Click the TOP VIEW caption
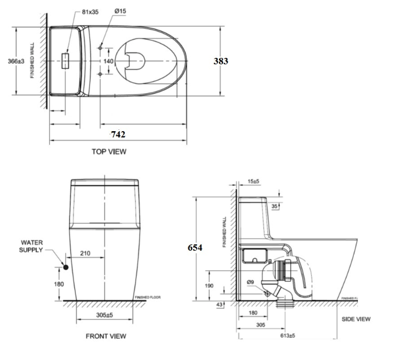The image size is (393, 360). coord(109,152)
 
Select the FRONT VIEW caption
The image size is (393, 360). coord(106,336)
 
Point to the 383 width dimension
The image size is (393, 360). coord(221,61)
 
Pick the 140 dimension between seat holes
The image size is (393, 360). coord(109,60)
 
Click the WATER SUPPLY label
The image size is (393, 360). coord(32,247)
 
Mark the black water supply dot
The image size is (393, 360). coord(66,267)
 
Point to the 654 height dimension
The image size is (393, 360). coord(195,247)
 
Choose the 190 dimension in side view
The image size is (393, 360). coord(209,285)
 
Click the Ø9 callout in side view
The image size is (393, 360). coord(250,282)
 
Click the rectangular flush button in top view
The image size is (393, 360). coord(65,60)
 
